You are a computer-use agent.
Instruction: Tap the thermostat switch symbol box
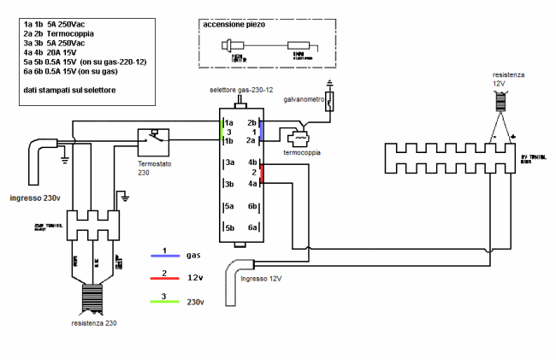click(x=154, y=140)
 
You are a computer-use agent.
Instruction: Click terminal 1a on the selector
click(x=230, y=123)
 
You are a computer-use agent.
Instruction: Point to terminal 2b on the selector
click(x=252, y=123)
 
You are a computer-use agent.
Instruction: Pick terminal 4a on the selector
click(x=252, y=183)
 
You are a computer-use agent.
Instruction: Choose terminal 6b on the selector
click(x=252, y=206)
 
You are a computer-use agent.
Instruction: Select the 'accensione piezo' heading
click(x=234, y=26)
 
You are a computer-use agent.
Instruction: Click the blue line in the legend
click(x=163, y=255)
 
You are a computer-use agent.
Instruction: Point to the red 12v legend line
click(x=163, y=277)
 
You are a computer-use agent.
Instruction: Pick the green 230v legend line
click(x=163, y=299)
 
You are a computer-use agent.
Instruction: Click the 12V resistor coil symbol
click(x=502, y=99)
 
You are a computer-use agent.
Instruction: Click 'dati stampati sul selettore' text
click(x=70, y=89)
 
